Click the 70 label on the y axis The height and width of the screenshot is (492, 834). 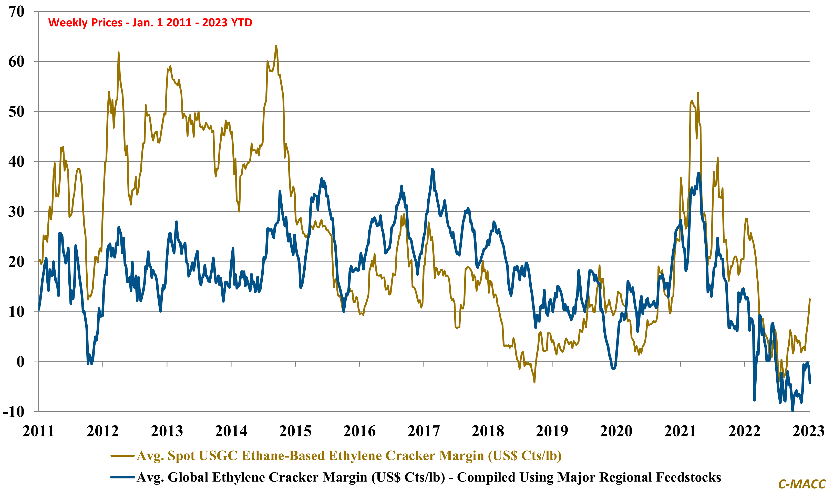click(x=17, y=12)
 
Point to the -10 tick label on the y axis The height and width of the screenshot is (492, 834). click(x=14, y=412)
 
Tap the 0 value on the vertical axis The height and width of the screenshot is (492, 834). click(x=20, y=362)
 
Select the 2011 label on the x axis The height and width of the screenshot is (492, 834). click(x=38, y=431)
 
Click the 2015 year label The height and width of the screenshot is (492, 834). click(x=295, y=431)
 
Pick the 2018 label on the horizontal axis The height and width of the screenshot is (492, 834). click(x=488, y=431)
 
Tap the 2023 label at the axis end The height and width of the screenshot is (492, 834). click(x=808, y=431)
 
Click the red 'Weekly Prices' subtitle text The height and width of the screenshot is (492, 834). click(x=150, y=23)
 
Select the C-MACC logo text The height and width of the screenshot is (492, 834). click(x=802, y=484)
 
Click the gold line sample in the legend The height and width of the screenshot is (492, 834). click(x=122, y=456)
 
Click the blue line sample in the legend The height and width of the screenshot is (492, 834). click(x=122, y=477)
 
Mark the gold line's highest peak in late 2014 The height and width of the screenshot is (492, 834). click(x=276, y=46)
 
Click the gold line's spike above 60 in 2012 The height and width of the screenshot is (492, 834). click(x=118, y=53)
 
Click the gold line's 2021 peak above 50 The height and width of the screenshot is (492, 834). click(x=698, y=93)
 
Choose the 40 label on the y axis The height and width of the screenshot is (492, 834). click(x=17, y=162)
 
